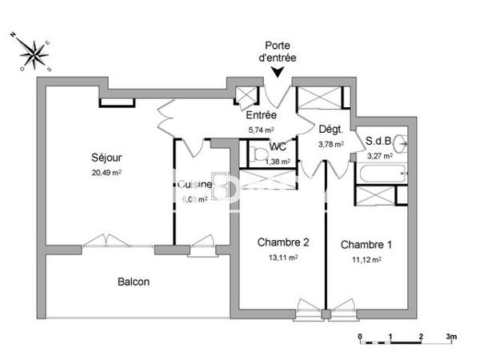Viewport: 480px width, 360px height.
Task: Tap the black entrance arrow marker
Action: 278,74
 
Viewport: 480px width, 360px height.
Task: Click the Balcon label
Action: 134,282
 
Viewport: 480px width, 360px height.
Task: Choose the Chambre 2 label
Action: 282,242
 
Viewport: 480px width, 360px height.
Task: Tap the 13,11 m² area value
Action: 282,258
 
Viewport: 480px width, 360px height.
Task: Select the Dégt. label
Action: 330,130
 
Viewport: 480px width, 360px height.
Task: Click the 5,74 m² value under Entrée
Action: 261,130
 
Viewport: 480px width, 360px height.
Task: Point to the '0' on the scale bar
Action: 360,337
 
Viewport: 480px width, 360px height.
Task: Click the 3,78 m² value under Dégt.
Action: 330,145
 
